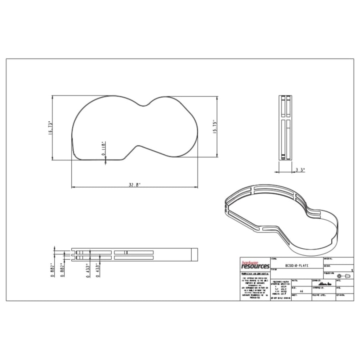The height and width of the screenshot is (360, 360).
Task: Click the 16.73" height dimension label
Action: [x=51, y=128]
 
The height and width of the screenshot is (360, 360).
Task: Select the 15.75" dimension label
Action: [x=215, y=127]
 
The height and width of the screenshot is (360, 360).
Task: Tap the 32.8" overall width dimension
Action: [x=135, y=185]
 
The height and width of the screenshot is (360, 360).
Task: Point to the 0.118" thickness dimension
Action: [x=103, y=148]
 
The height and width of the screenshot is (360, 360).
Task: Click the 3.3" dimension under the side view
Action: [x=300, y=170]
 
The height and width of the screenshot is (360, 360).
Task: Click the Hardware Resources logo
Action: [x=255, y=264]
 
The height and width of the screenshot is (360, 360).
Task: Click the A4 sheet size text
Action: [x=301, y=292]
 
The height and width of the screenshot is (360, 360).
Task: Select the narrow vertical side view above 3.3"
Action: [x=286, y=127]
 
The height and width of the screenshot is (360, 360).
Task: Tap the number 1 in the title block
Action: [x=352, y=271]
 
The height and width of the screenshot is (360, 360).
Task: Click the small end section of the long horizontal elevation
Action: [x=194, y=254]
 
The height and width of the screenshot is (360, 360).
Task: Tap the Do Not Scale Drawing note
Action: [x=281, y=298]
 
